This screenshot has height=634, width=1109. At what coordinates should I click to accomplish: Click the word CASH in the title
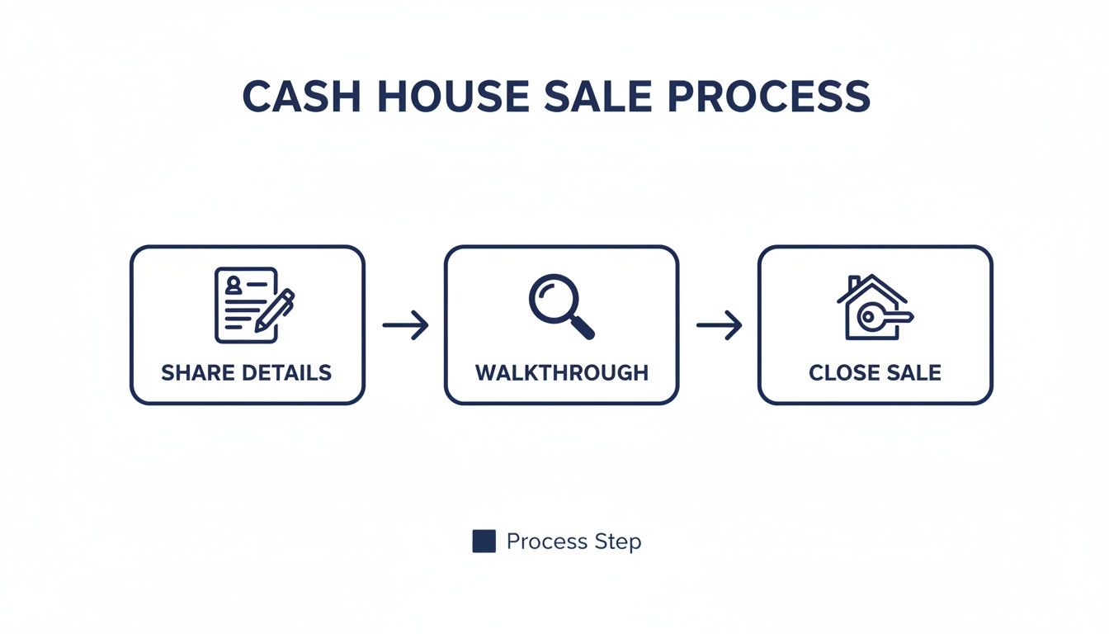click(x=300, y=97)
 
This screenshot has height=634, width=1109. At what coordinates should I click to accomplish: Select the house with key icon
click(x=874, y=307)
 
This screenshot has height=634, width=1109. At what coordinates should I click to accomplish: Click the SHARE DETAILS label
click(x=247, y=372)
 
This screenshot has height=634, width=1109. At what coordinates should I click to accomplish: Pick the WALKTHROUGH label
click(x=561, y=372)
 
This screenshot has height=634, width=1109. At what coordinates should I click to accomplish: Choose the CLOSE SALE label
click(x=875, y=372)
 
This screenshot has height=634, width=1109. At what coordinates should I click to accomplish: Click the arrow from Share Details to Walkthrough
click(x=405, y=325)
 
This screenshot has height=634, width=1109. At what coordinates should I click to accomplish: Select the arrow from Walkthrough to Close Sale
click(x=719, y=325)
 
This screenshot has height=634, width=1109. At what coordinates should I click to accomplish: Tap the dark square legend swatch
click(x=484, y=542)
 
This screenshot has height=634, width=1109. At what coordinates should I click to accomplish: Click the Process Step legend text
click(x=573, y=542)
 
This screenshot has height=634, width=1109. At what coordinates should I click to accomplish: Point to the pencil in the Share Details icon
click(x=275, y=310)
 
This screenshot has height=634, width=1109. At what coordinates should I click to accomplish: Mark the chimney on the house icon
click(x=855, y=282)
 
